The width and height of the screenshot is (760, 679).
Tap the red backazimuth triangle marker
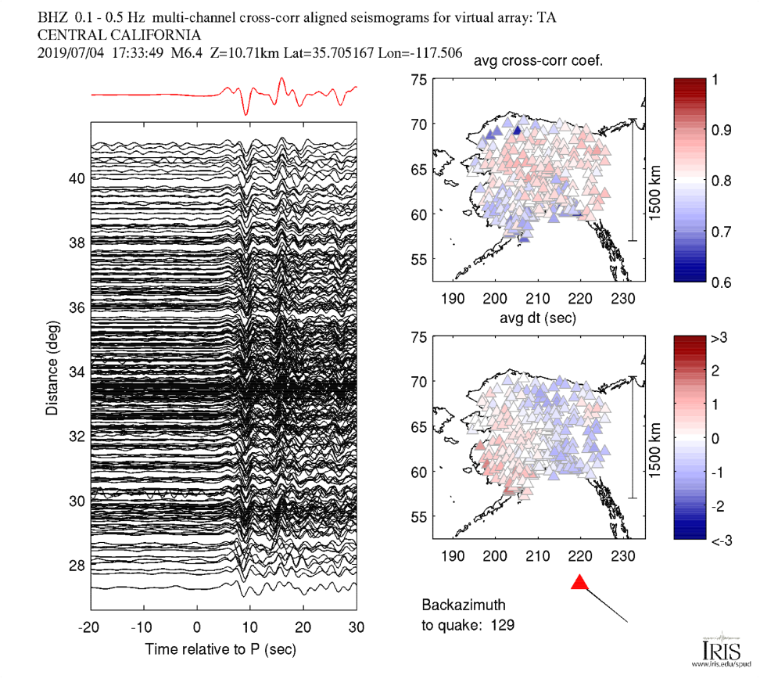(x=579, y=582)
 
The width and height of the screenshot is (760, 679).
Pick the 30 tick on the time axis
(x=357, y=627)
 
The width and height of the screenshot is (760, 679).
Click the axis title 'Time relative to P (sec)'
(x=220, y=650)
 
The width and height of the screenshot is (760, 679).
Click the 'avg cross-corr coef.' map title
(x=543, y=63)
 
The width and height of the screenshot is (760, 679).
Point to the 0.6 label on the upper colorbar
(x=720, y=282)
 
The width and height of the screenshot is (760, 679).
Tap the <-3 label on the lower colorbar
(x=720, y=540)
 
